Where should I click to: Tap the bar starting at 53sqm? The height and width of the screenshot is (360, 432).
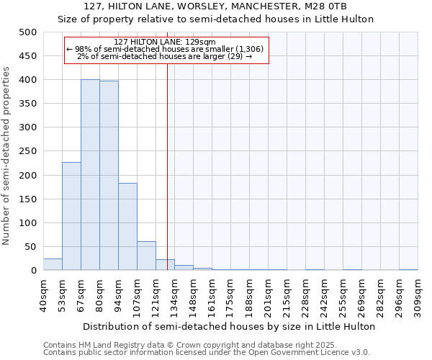click(71, 216)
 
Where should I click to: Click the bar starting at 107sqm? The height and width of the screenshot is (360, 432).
click(146, 256)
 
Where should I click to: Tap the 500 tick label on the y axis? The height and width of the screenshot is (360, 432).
click(27, 32)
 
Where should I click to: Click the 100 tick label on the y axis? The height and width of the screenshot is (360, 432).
click(27, 223)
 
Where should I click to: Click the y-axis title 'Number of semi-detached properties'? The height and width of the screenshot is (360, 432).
click(6, 156)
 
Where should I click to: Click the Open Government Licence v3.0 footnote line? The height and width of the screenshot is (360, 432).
click(206, 353)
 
